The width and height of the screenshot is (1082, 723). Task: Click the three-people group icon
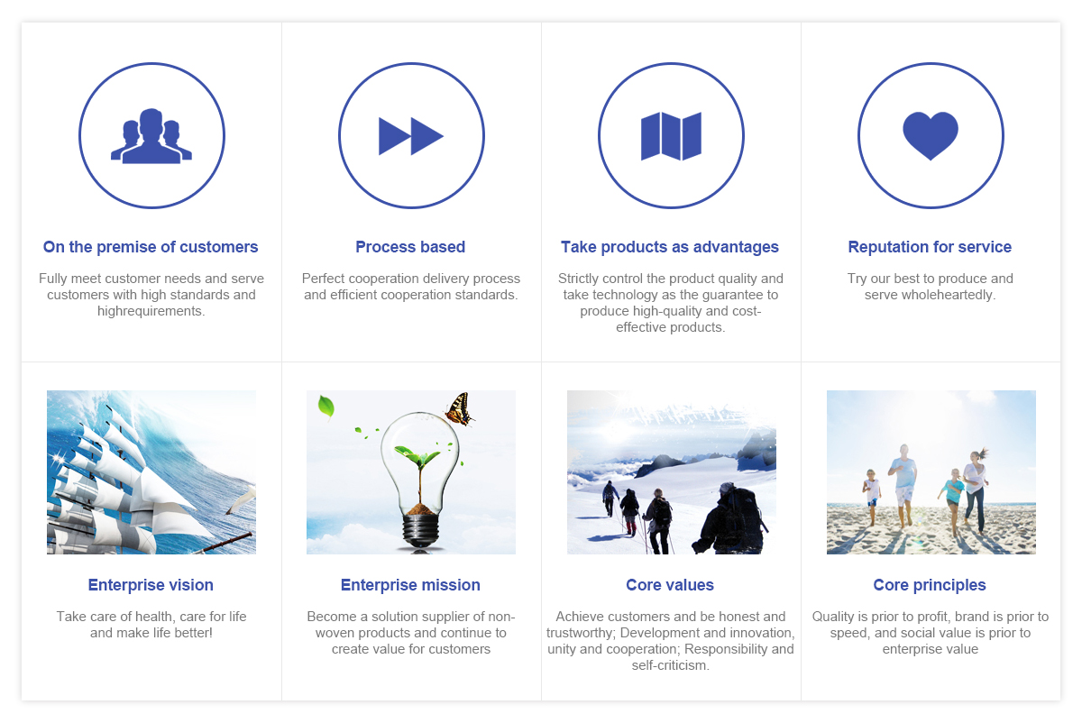coord(151,136)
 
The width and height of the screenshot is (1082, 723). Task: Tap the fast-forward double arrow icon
coord(411,136)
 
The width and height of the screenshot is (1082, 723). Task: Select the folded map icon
coord(671,136)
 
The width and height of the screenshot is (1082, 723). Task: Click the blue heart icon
coord(931,136)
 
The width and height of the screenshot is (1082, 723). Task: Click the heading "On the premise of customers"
coord(151,247)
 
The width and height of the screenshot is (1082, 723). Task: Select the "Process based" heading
coord(410,247)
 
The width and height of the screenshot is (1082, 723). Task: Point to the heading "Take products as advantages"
coord(670,247)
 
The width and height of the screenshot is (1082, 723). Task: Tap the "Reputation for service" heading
coord(930,247)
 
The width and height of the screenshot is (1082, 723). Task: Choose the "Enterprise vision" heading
coord(151,585)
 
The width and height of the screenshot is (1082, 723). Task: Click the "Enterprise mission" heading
coord(410,585)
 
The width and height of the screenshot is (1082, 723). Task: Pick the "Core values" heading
coord(670,585)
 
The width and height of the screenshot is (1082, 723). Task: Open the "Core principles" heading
coord(930,585)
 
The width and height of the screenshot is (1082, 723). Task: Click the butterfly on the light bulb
coord(461,409)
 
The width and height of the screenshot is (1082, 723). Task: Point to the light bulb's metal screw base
coord(421,531)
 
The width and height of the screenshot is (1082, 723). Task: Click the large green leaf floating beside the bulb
coord(326,407)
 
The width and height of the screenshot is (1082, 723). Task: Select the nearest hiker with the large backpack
coord(730,518)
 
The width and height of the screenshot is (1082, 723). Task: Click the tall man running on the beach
coord(903,485)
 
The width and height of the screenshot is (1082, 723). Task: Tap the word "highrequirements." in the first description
coord(151,311)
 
